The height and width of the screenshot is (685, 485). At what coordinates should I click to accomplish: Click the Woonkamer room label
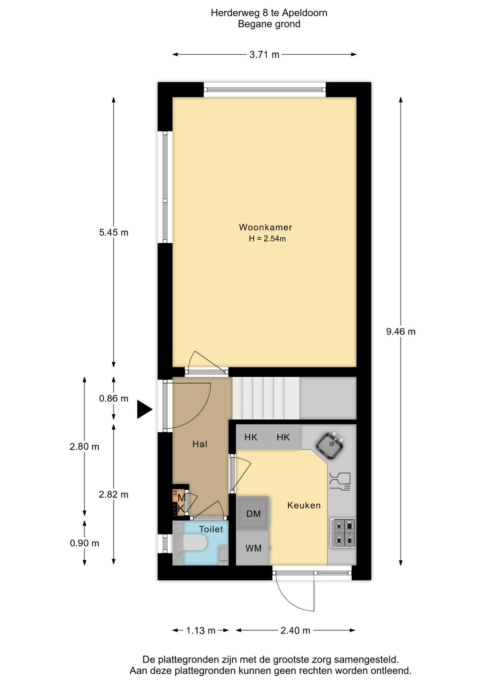point(265,227)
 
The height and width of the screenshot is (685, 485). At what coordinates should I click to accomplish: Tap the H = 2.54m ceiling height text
point(267,239)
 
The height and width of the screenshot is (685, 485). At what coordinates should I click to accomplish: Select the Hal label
point(200,444)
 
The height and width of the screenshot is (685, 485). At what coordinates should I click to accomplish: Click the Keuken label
point(304,505)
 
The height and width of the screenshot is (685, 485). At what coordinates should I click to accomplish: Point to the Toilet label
point(211,529)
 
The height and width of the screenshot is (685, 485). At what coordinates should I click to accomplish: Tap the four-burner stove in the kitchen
point(343,533)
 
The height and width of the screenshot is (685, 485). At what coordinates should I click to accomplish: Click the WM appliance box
point(253,548)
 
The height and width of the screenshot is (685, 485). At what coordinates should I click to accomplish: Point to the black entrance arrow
point(145,409)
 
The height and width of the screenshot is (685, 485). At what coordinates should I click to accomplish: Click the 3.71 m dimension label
point(265,55)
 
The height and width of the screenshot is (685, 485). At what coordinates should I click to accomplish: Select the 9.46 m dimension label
point(401,331)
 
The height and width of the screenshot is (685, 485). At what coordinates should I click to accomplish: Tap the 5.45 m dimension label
point(114,233)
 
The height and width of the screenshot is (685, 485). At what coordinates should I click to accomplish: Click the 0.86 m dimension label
point(114,399)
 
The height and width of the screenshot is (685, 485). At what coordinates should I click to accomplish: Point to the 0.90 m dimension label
point(84,543)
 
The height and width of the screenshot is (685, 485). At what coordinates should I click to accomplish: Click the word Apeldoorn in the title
point(304,13)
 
